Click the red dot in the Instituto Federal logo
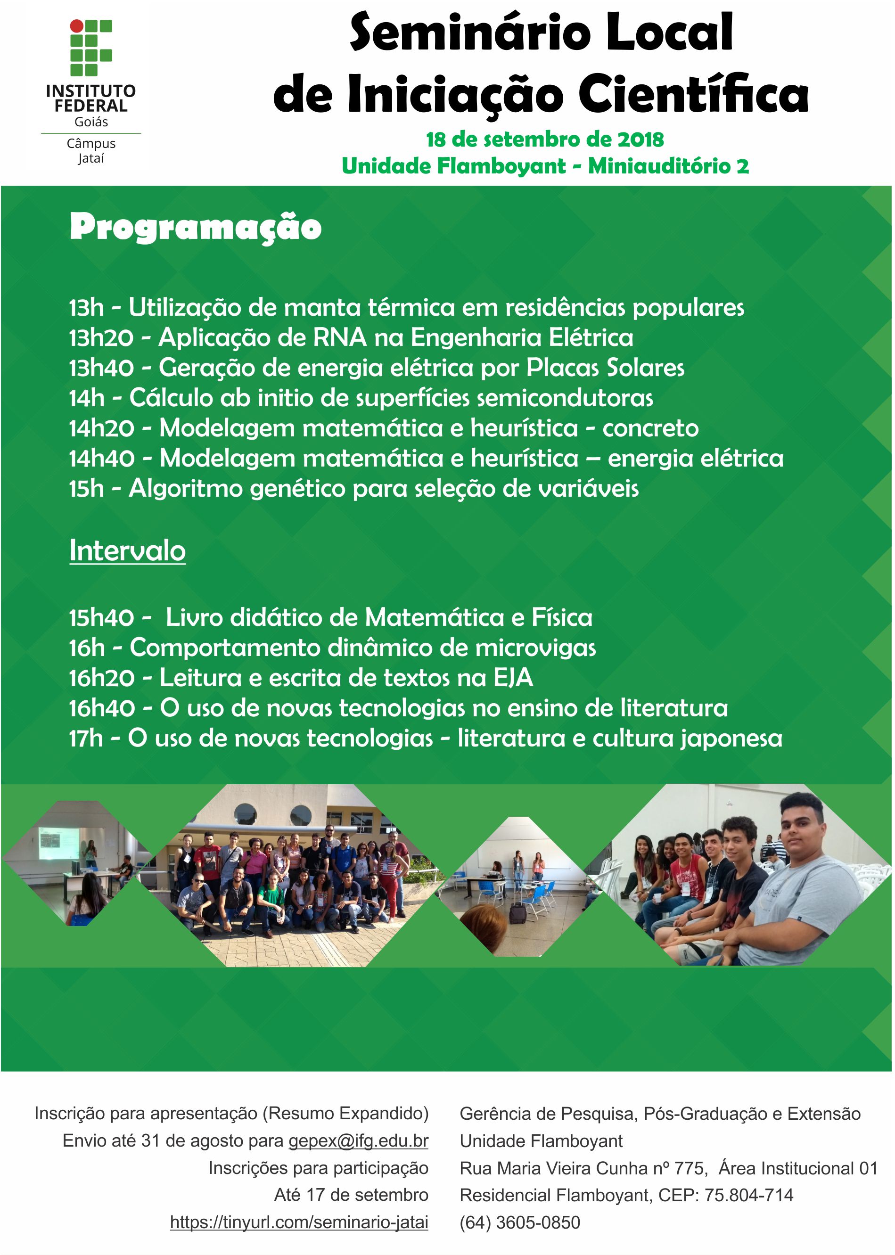tap(77, 26)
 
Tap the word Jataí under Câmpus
tap(91, 159)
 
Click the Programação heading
tap(196, 228)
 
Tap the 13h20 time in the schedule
tap(101, 338)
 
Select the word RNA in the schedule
tap(340, 338)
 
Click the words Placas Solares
tap(606, 368)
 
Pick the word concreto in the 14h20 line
tap(650, 428)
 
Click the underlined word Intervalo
tap(127, 550)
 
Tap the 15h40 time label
tap(101, 617)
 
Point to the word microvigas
tap(536, 648)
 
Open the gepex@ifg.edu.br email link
tap(359, 1141)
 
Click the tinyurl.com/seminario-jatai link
tap(299, 1222)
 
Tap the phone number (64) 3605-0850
tap(520, 1223)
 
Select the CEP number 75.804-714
tap(749, 1196)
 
